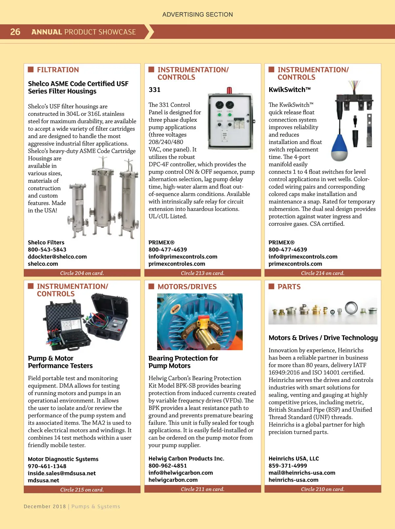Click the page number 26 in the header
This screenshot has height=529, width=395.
pos(15,32)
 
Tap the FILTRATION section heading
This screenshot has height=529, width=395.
pos(58,70)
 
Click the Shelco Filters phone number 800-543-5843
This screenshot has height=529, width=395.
pos(47,250)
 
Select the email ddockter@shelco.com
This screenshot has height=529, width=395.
pos(57,257)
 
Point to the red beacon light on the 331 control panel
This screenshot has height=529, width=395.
pos(229,90)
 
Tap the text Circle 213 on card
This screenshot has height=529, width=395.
pos(202,273)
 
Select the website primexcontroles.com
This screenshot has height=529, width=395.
pos(177,264)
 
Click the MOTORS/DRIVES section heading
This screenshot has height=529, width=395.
pos(187,287)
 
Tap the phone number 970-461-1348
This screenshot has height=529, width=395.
pos(47,466)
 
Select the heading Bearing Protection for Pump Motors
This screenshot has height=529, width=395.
pos(183,362)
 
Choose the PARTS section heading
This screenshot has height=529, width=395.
pos(289,287)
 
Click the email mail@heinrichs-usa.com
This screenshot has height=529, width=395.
pos(302,473)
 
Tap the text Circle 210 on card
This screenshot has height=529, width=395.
pos(323,489)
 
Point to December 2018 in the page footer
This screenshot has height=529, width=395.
pos(45,507)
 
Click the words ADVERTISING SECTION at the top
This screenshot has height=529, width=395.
pos(197,14)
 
